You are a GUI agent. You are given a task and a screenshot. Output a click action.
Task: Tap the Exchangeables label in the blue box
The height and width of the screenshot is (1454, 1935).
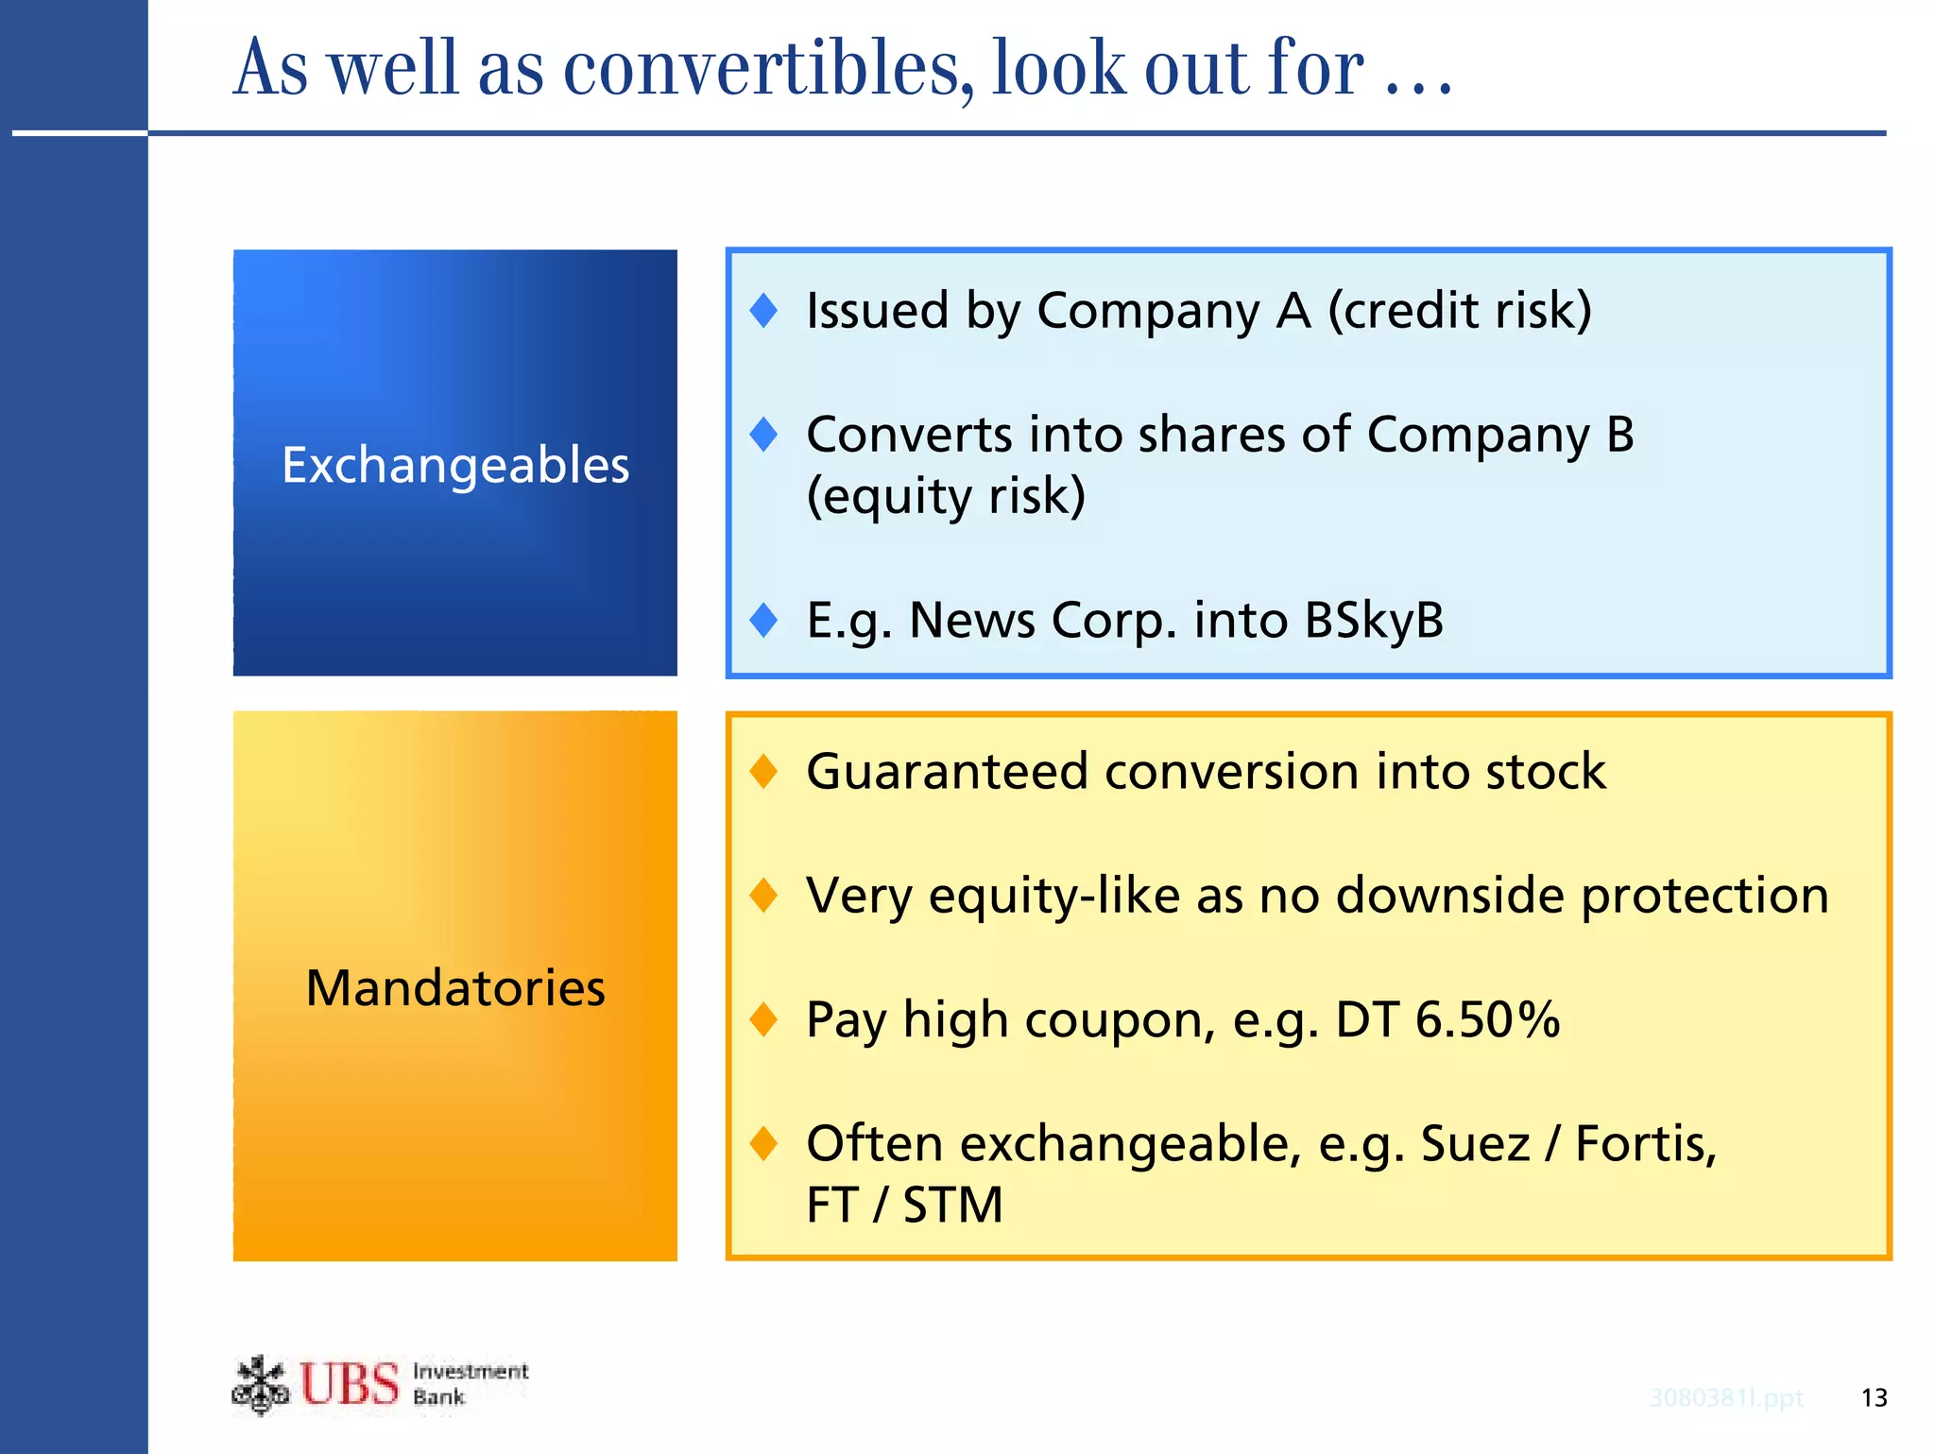(x=455, y=465)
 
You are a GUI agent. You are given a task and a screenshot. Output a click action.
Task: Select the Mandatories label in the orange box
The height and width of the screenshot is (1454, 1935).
(x=455, y=988)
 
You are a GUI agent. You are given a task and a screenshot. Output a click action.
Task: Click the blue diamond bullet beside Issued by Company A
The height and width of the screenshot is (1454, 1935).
(x=763, y=311)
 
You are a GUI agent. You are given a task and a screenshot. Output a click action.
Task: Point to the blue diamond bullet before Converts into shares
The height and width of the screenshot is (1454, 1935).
(x=763, y=435)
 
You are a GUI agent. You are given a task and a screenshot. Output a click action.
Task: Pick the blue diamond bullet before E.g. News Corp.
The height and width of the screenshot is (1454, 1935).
(x=763, y=621)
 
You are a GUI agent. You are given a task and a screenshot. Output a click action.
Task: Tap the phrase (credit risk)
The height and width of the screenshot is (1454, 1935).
(x=1460, y=311)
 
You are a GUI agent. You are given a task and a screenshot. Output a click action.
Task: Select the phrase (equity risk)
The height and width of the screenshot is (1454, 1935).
(x=946, y=496)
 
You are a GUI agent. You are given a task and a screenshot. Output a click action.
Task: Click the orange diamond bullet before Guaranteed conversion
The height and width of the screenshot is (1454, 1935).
(x=763, y=772)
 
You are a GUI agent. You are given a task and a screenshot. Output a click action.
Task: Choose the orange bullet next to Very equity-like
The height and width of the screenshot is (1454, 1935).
(x=763, y=896)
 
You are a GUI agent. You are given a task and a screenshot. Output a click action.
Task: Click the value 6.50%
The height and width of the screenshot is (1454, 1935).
(x=1487, y=1020)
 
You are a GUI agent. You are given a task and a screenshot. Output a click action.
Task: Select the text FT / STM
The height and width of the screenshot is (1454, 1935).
(x=904, y=1206)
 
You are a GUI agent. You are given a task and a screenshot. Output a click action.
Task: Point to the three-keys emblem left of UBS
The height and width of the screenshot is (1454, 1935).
(x=260, y=1385)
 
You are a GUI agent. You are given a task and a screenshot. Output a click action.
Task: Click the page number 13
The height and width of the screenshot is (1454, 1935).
(x=1874, y=1398)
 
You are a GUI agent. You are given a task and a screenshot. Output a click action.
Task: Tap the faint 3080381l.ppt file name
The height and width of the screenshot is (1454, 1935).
(x=1726, y=1398)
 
